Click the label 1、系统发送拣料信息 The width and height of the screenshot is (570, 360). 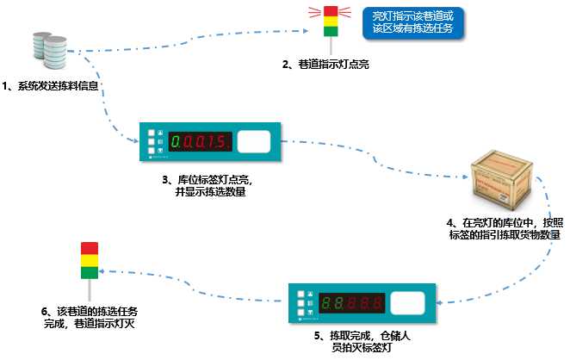click(x=52, y=87)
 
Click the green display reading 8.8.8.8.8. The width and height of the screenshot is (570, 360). click(x=353, y=303)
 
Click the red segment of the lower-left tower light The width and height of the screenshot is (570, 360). click(x=90, y=248)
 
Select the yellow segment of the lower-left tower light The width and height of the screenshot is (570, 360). click(x=90, y=261)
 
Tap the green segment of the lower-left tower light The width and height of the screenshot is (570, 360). click(x=90, y=273)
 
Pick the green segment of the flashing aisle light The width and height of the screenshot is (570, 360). click(x=331, y=30)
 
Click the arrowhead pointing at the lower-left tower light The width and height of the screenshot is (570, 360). click(x=102, y=271)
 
